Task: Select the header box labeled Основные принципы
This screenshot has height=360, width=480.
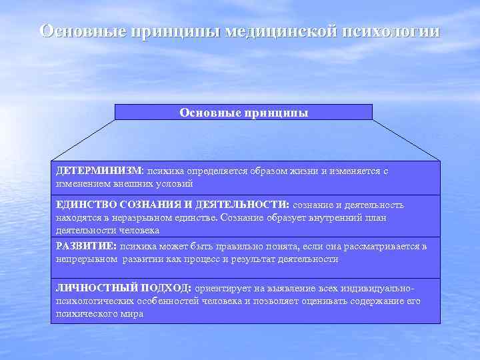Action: click(243, 112)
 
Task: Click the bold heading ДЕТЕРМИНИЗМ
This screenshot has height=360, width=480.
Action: click(99, 171)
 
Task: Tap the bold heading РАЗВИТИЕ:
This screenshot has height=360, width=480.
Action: click(86, 247)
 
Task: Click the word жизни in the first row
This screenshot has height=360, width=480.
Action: click(303, 171)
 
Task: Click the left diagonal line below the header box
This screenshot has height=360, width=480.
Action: click(83, 141)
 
